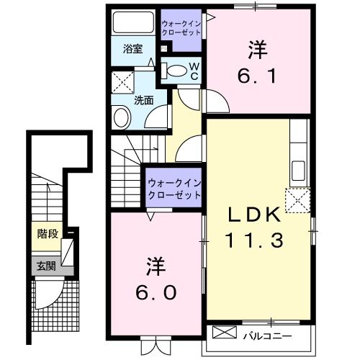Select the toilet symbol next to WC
coord(175,71)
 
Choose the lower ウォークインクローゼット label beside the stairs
coord(173,188)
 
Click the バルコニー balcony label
coord(271,335)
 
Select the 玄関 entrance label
coord(46,264)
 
